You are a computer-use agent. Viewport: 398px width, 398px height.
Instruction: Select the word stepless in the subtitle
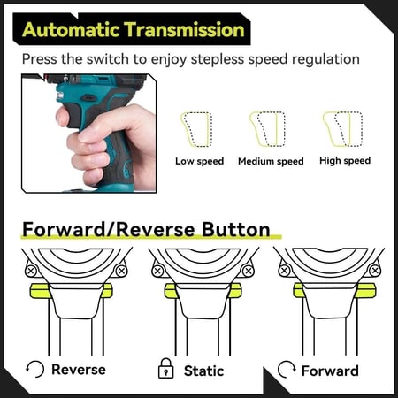236,60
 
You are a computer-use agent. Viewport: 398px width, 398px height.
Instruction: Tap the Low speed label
199,161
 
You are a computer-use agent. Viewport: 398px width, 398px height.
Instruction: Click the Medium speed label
271,162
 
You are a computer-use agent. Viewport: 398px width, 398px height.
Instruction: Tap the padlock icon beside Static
164,369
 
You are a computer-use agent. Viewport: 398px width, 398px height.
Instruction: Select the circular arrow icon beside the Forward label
286,369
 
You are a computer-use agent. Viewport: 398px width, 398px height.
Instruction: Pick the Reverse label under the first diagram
78,369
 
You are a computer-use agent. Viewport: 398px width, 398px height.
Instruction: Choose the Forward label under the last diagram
330,370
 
